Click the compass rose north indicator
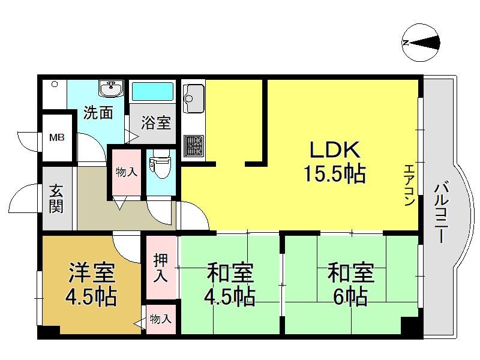[x=421, y=43]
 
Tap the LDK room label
[x=335, y=150]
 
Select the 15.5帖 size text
[x=335, y=173]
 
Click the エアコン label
[x=410, y=185]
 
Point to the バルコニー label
[x=441, y=212]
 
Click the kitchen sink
[x=193, y=98]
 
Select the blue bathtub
[x=152, y=92]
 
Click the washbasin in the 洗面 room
[x=111, y=88]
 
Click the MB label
[x=57, y=137]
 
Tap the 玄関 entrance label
[x=56, y=199]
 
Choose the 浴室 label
[x=156, y=123]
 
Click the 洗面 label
[x=98, y=113]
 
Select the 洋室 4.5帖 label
[x=91, y=284]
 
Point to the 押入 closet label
[x=161, y=268]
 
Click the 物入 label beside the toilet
[x=127, y=172]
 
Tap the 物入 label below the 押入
[x=160, y=319]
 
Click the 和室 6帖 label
[x=351, y=284]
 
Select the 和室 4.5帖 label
[x=230, y=284]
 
